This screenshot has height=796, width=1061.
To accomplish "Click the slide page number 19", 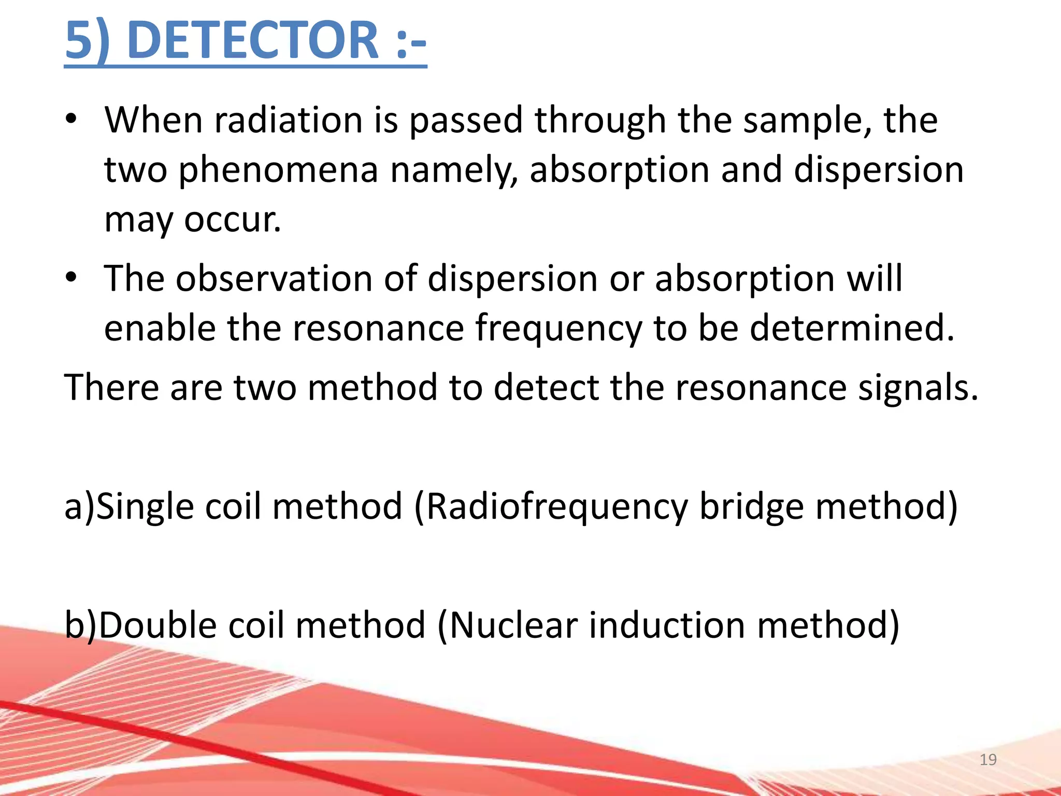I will pos(988,760).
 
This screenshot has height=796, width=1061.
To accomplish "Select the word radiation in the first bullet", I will pos(288,120).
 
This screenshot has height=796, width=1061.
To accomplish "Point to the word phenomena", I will pos(278,171).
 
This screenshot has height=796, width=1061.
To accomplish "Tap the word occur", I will pos(233,220).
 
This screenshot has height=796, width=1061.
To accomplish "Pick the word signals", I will pos(918,388).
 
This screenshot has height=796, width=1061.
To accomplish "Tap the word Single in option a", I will pos(145,506).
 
